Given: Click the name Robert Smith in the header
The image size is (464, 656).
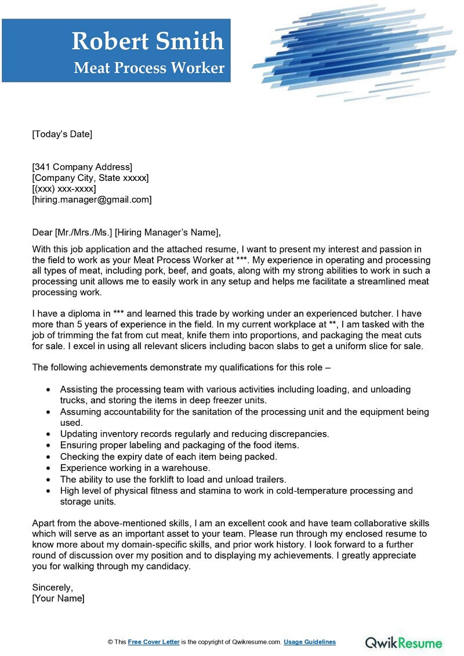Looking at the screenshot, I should pyautogui.click(x=147, y=41).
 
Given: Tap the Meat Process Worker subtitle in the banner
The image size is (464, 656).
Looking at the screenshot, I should pyautogui.click(x=149, y=68).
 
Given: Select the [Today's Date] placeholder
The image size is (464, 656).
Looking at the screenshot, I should pyautogui.click(x=62, y=134).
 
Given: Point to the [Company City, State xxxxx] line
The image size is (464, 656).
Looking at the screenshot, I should pyautogui.click(x=90, y=178).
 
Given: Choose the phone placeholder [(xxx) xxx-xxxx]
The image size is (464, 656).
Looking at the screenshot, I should pyautogui.click(x=64, y=189).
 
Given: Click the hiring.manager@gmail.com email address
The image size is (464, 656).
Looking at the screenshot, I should pyautogui.click(x=92, y=200).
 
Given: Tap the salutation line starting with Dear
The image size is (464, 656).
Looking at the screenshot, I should pyautogui.click(x=126, y=233).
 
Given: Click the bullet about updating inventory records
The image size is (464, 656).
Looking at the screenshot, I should pyautogui.click(x=194, y=434).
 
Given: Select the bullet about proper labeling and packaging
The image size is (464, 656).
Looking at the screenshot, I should pyautogui.click(x=179, y=445).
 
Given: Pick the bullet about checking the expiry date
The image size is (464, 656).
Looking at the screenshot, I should pyautogui.click(x=168, y=456).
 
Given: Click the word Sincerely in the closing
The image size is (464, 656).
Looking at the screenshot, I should pyautogui.click(x=53, y=587).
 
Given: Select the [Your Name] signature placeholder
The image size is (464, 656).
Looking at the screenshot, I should pyautogui.click(x=58, y=598).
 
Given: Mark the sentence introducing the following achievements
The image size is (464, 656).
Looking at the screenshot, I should pyautogui.click(x=181, y=367).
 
